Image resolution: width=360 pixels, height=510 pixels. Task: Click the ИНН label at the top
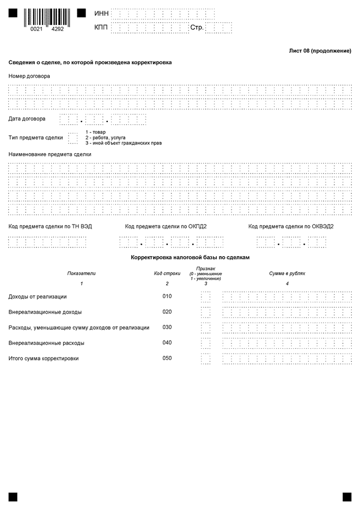(101, 13)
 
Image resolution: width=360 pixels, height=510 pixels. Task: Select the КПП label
(101, 28)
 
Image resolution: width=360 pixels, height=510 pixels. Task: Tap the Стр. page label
(197, 28)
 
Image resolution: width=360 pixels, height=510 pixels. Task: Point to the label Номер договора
(29, 76)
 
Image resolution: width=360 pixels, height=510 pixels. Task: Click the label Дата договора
(27, 119)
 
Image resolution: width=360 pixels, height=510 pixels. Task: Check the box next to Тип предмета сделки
(73, 138)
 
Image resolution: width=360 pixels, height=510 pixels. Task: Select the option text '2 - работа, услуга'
(105, 138)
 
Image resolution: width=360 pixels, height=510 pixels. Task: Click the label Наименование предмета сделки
(50, 154)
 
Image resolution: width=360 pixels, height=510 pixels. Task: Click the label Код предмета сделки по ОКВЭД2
(291, 226)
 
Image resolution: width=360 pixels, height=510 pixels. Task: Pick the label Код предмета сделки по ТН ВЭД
(50, 226)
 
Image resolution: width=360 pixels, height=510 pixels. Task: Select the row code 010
(167, 296)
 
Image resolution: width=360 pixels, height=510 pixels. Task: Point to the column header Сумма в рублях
(287, 274)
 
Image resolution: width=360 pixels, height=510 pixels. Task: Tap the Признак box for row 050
(205, 359)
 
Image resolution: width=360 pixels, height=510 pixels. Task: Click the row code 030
(167, 327)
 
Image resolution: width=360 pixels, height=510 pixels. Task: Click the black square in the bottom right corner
(347, 497)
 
